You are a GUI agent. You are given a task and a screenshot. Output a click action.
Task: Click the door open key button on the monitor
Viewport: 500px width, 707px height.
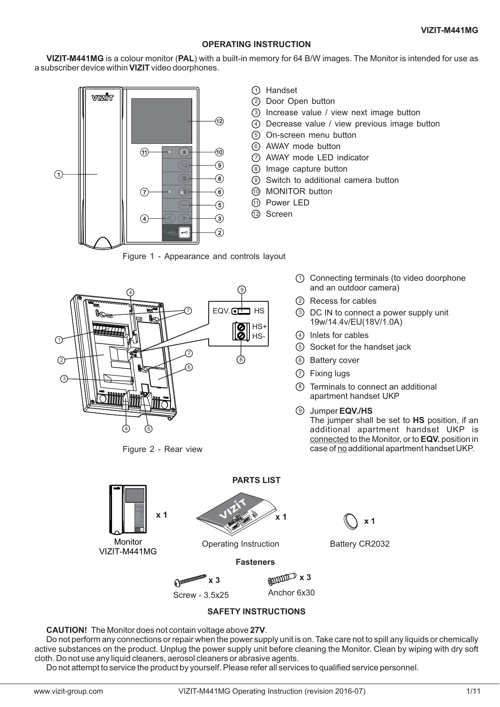185,233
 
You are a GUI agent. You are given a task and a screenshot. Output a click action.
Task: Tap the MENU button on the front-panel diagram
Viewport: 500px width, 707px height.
184,205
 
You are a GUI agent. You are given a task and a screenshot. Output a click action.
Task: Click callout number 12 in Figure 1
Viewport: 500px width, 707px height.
219,121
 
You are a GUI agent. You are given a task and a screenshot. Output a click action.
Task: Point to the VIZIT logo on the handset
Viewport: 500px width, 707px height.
102,97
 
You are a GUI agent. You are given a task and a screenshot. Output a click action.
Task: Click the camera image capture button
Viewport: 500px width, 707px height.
184,178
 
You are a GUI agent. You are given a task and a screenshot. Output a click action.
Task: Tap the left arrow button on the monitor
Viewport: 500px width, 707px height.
170,219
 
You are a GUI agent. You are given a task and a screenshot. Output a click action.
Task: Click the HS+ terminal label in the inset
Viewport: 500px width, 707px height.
259,326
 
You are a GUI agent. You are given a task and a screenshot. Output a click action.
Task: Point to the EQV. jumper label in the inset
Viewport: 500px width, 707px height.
221,311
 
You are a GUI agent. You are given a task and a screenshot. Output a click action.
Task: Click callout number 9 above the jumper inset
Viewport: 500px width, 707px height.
242,289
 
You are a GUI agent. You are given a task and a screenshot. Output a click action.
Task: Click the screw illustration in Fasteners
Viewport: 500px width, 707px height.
190,581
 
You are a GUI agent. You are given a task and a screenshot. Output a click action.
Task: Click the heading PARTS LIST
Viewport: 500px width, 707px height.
256,480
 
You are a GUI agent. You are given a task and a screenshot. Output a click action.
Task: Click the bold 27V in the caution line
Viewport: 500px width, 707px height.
258,630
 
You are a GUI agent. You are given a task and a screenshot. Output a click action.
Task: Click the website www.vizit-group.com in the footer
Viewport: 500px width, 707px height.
68,692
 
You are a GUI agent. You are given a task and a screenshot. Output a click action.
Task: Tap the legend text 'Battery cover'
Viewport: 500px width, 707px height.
334,360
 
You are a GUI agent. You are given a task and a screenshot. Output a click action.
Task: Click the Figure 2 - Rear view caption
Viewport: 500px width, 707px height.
162,449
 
